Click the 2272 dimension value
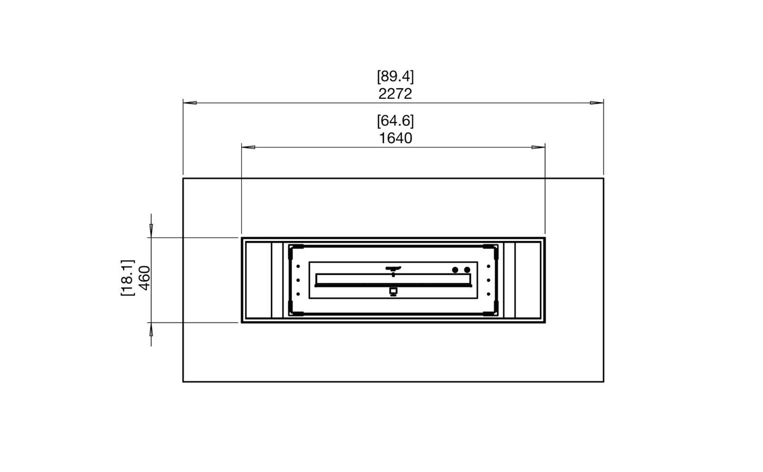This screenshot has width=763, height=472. coord(395,94)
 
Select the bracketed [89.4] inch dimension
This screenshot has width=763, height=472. coord(395,77)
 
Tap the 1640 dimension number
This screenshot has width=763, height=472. coord(395,138)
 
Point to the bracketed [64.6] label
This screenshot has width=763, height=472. coord(395,121)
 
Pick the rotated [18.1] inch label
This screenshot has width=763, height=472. coord(127,277)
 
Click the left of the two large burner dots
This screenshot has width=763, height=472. coord(455,270)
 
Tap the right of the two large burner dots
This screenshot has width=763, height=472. coord(467,270)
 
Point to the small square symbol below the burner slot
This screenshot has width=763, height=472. coord(393,291)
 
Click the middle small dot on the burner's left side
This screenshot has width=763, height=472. coord(298,280)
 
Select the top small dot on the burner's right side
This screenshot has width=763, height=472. coord(488,266)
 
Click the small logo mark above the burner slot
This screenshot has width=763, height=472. coord(393,269)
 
